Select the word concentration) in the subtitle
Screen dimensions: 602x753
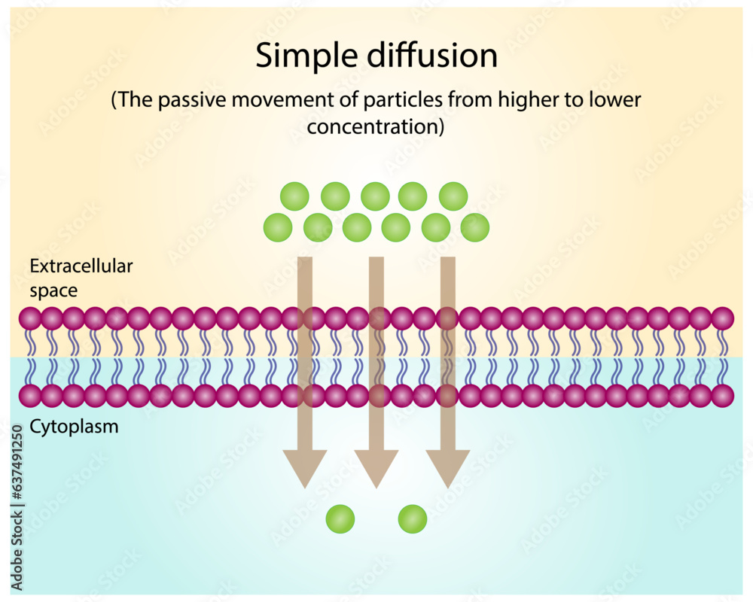click(376, 126)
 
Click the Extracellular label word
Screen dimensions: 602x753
click(81, 266)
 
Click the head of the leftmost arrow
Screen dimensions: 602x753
click(304, 467)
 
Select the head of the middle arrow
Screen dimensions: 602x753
click(376, 467)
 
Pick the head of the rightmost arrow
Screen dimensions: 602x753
click(448, 467)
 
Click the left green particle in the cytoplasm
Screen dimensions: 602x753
click(340, 518)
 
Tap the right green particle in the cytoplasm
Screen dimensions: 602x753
click(413, 518)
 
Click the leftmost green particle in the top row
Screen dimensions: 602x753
click(294, 196)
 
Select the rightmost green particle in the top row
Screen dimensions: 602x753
click(453, 196)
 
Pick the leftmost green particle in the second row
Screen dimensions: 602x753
click(278, 227)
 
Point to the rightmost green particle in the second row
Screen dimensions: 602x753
click(475, 227)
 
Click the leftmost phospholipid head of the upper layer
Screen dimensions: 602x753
click(30, 318)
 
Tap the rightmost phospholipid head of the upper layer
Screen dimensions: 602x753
click(723, 318)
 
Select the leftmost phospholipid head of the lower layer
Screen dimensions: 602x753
click(30, 395)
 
